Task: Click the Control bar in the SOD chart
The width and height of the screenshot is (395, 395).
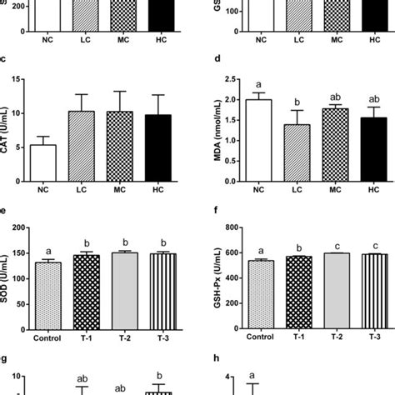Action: coord(47,296)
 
